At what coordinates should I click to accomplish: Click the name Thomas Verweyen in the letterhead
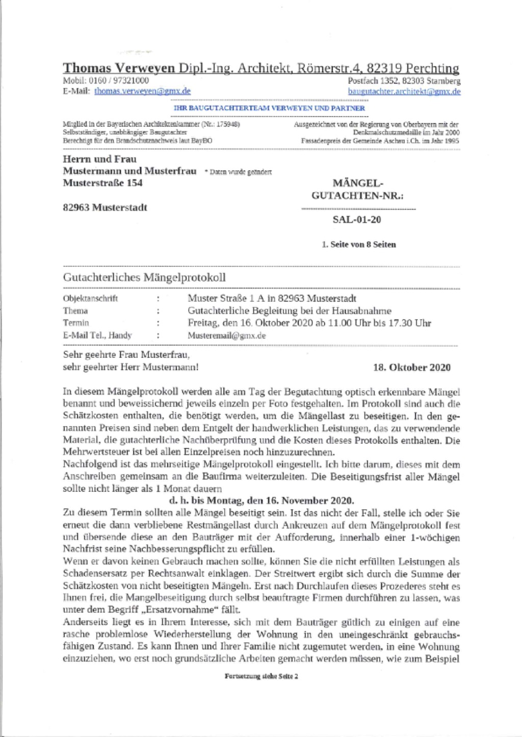point(120,68)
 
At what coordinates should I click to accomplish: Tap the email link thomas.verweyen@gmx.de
point(142,91)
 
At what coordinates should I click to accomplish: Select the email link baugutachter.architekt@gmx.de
point(404,91)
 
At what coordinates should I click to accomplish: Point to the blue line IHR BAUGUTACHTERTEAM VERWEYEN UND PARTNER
point(269,108)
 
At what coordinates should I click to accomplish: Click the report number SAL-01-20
point(356,220)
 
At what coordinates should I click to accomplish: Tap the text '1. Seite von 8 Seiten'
point(358,244)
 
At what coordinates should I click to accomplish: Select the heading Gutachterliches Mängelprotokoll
point(144,278)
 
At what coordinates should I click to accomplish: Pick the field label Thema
point(75,311)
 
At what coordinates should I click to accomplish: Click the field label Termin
point(76,323)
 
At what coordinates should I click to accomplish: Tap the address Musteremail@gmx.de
point(226,336)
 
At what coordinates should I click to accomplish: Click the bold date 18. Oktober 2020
point(412,367)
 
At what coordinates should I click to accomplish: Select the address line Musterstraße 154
point(102,182)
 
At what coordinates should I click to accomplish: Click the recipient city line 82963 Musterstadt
point(105,207)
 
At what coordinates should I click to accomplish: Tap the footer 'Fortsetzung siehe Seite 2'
point(261,676)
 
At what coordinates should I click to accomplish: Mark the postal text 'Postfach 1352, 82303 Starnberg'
point(404,81)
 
